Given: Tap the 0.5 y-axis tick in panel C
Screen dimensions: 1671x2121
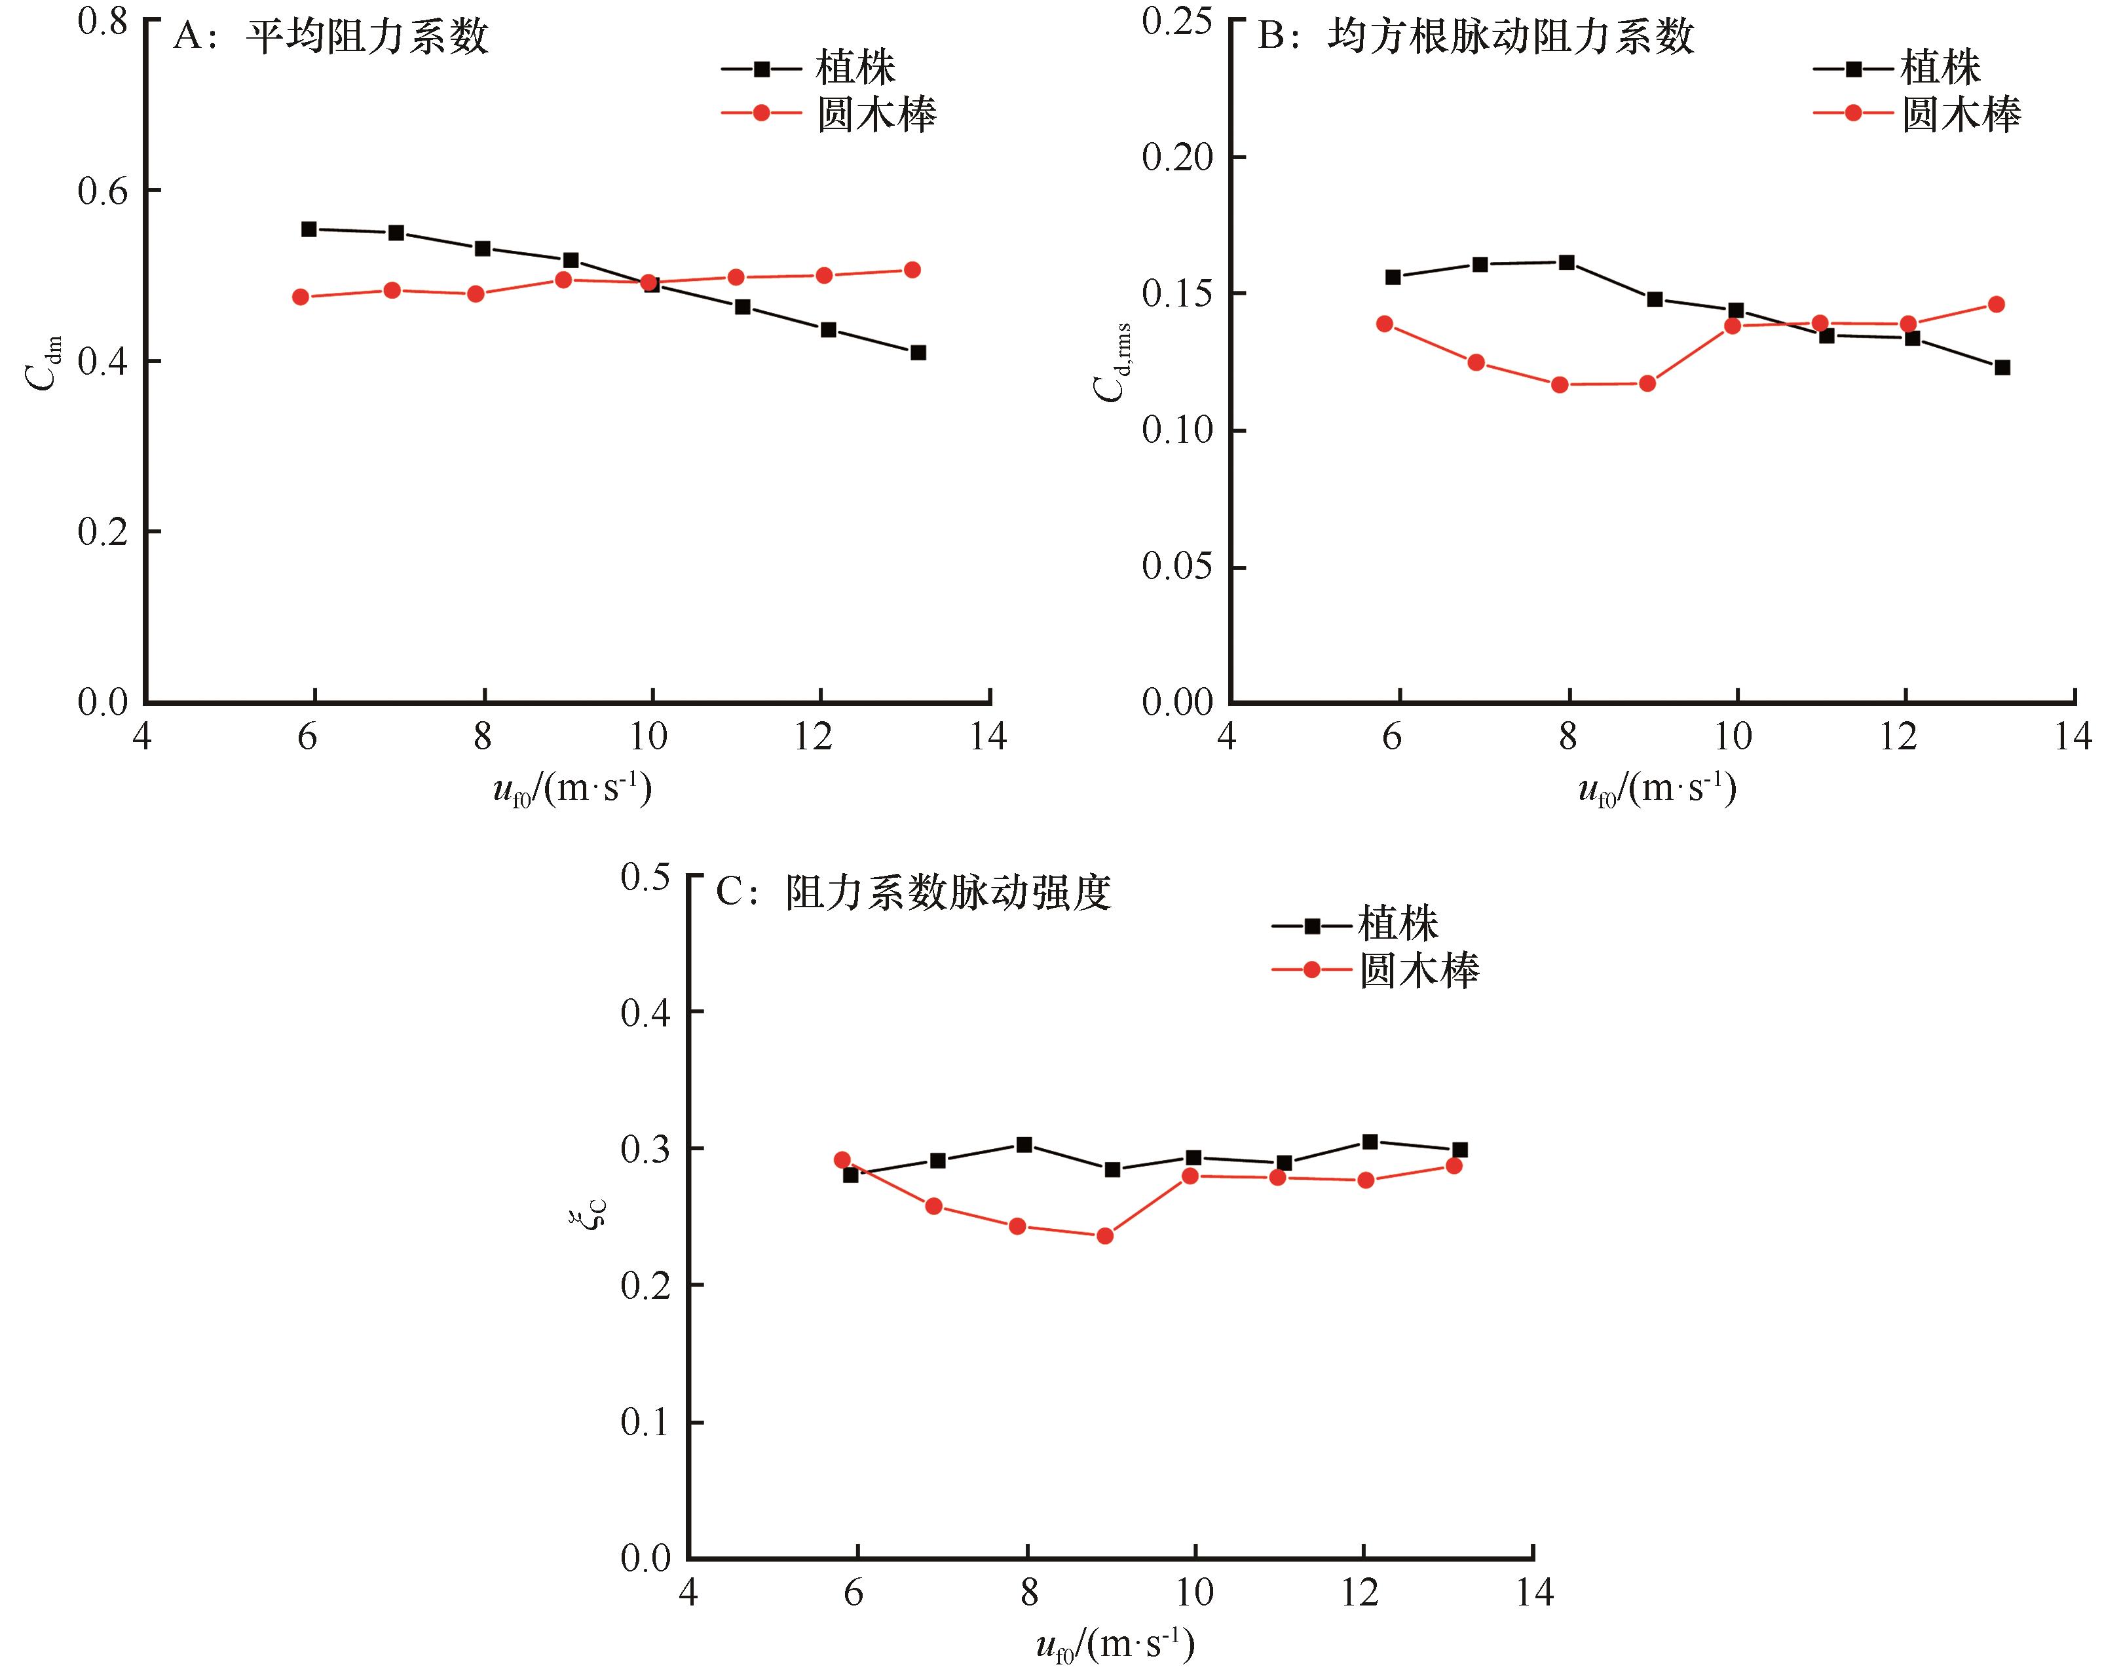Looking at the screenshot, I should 646,876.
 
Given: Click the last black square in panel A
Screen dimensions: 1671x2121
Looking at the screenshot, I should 918,352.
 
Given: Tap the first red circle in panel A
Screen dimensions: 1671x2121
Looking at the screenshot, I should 301,297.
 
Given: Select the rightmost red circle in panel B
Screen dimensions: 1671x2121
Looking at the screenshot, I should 1997,304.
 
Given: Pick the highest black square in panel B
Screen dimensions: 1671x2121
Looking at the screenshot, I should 1566,262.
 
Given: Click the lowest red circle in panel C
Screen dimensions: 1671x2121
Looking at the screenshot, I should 1104,1235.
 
